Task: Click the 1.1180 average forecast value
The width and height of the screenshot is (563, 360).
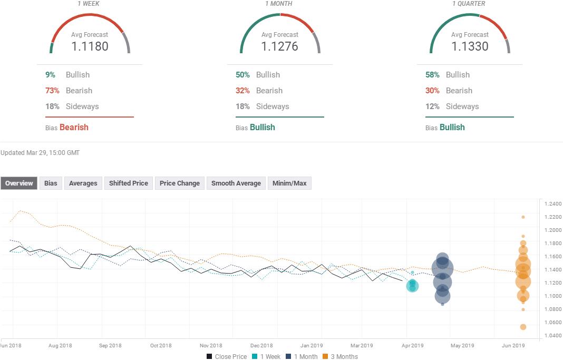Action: click(90, 46)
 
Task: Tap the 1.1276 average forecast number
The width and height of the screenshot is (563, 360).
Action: click(279, 46)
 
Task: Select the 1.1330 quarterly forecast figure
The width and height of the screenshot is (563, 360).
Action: click(470, 46)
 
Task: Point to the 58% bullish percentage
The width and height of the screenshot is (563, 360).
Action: click(432, 75)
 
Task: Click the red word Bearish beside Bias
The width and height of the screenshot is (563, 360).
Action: click(74, 128)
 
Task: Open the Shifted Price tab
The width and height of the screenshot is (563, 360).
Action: click(128, 183)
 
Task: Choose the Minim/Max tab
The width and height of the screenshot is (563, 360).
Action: click(289, 183)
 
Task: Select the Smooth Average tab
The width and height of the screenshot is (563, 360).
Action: click(236, 183)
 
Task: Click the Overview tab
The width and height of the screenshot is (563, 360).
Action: click(19, 183)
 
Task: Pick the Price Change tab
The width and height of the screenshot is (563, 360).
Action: click(179, 183)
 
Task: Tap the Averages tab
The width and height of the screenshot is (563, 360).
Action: click(83, 183)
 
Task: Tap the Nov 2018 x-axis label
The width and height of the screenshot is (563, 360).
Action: click(211, 346)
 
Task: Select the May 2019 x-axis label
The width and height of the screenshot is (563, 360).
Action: click(462, 346)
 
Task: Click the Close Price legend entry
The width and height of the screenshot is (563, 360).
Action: click(227, 357)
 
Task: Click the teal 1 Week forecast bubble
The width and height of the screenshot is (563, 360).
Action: click(412, 286)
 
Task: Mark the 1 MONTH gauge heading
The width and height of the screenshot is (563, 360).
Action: click(279, 4)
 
